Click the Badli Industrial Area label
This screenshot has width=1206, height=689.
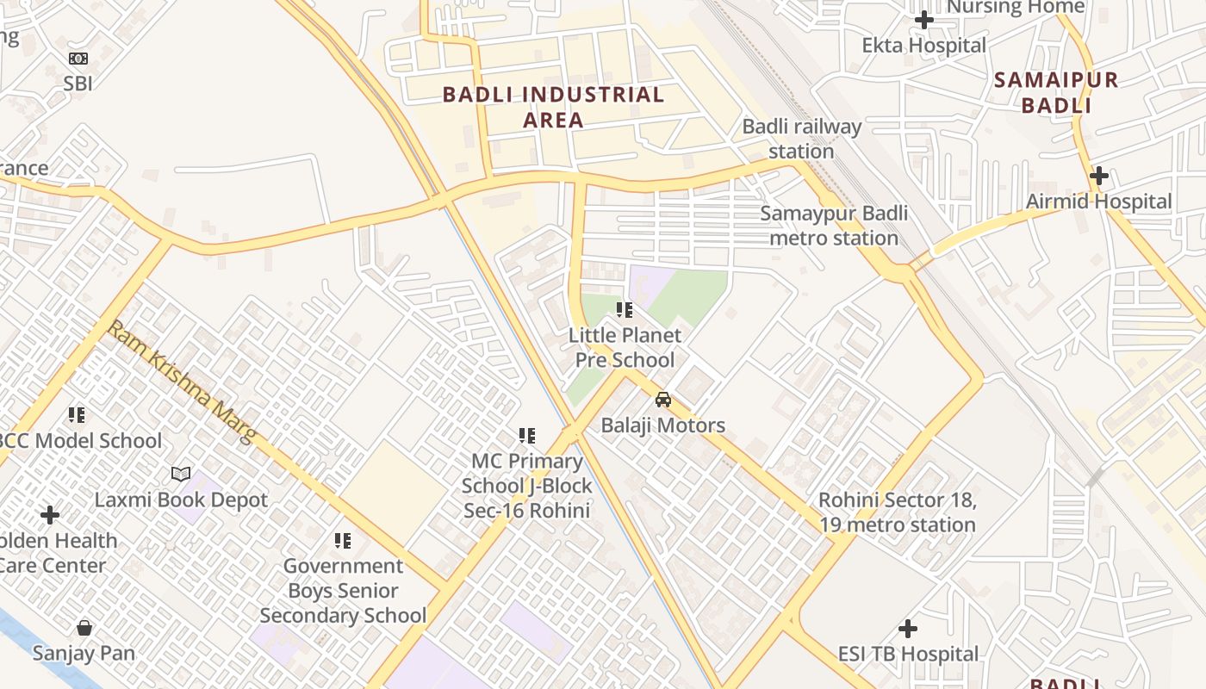(x=553, y=107)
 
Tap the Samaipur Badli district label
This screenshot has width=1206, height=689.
(x=1056, y=93)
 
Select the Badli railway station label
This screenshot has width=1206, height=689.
(x=801, y=139)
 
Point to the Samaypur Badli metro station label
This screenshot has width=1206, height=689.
(x=834, y=226)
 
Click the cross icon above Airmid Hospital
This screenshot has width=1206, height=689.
(x=1098, y=176)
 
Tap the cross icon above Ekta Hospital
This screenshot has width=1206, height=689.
(x=924, y=19)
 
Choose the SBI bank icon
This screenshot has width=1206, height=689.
(x=78, y=59)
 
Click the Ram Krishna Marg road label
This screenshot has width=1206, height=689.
(x=181, y=382)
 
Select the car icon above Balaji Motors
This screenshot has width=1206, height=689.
(x=662, y=400)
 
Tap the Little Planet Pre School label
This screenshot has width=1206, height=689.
(x=625, y=347)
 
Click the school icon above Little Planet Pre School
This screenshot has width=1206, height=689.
(x=625, y=310)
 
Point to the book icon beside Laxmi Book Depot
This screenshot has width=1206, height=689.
(x=181, y=474)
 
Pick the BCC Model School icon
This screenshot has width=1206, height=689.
(x=78, y=415)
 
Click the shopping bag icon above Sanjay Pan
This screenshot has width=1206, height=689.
(x=84, y=627)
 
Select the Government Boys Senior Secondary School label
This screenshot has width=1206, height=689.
(x=343, y=591)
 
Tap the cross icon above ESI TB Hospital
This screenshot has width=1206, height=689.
(x=908, y=629)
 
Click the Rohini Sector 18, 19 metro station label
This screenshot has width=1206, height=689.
(x=897, y=512)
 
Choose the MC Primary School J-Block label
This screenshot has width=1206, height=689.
(x=527, y=486)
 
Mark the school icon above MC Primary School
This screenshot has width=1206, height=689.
(x=527, y=436)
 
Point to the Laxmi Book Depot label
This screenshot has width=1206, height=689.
(x=181, y=500)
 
